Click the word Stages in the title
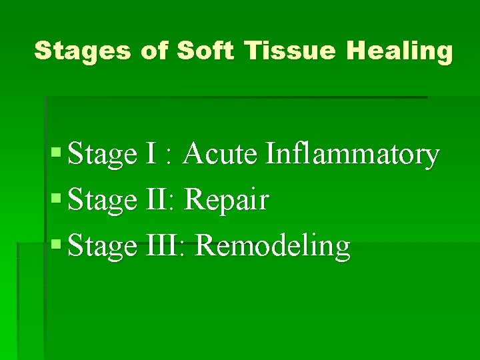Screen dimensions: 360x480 click(x=82, y=51)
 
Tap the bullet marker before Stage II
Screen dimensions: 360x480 click(x=56, y=200)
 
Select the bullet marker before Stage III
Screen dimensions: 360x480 click(x=56, y=246)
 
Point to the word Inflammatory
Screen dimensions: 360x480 click(x=353, y=155)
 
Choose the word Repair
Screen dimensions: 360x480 click(x=226, y=201)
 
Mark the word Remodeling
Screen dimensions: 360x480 click(x=273, y=247)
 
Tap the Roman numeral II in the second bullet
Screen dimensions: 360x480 click(x=155, y=200)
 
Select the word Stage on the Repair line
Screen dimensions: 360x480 click(x=101, y=201)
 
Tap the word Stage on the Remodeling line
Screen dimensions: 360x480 click(x=101, y=247)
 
